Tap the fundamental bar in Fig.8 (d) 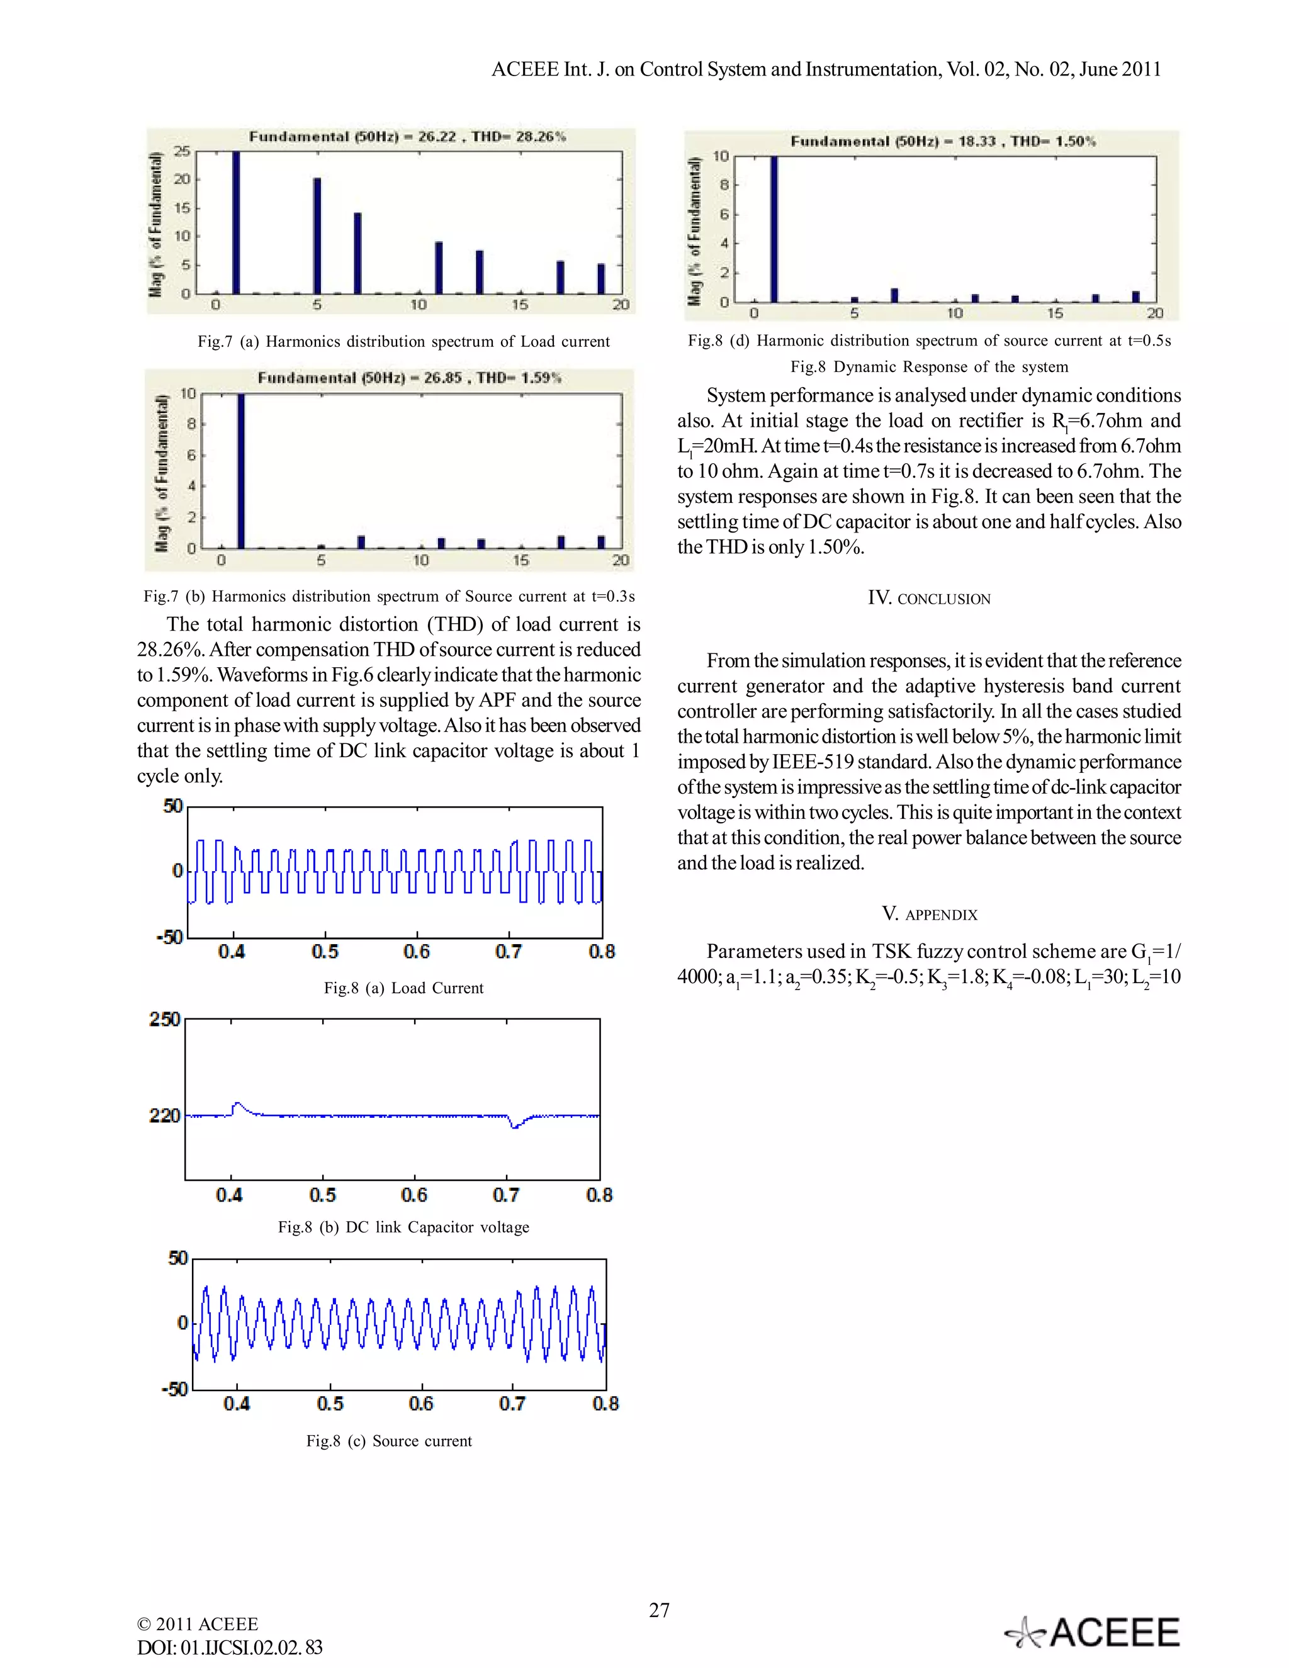tap(774, 229)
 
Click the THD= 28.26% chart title tap(407, 137)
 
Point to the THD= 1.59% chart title tap(409, 378)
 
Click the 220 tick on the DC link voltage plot tap(164, 1116)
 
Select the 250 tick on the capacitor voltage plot tap(164, 1020)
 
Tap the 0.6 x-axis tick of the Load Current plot tap(416, 952)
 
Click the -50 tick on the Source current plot tap(175, 1389)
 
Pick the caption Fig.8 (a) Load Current tap(403, 988)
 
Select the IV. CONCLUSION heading tap(928, 598)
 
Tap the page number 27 tap(659, 1610)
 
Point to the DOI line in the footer tap(229, 1647)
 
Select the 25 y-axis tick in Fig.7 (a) tap(181, 151)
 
